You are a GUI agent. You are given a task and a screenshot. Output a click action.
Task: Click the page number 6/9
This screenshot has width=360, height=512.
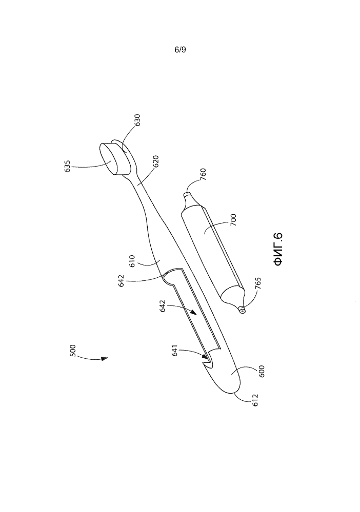(181, 50)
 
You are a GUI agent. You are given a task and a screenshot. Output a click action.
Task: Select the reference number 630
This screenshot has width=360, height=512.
(137, 120)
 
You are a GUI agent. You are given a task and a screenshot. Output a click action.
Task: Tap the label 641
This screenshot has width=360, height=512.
(174, 350)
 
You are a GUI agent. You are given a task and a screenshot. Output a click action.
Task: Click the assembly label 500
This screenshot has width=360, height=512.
(73, 351)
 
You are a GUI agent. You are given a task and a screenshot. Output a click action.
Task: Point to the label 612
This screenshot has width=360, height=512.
(255, 400)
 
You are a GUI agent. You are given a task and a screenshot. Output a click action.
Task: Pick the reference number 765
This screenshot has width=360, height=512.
(258, 283)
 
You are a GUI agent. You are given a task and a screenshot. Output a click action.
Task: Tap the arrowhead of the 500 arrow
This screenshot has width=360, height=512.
(104, 359)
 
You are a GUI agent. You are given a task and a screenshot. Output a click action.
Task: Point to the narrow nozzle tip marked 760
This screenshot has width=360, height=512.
(186, 195)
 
